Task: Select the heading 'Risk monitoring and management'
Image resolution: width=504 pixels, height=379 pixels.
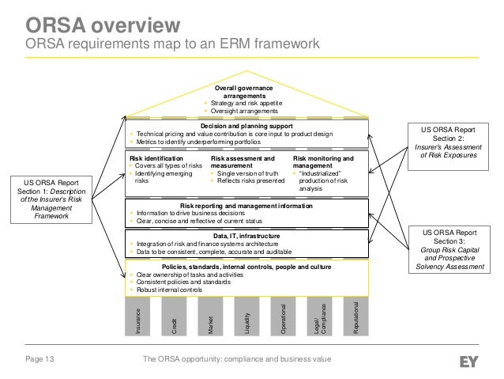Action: click(x=323, y=162)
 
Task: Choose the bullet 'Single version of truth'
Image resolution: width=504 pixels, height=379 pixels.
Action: click(x=250, y=173)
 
